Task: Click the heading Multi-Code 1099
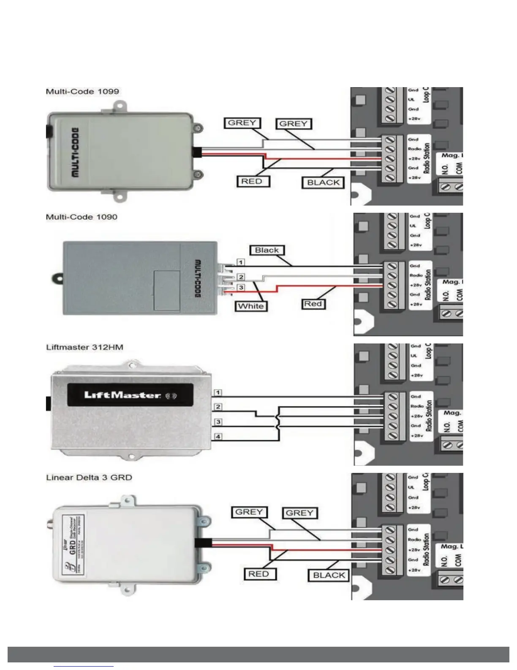click(82, 91)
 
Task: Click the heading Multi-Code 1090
click(82, 217)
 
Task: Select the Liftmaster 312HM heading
click(84, 347)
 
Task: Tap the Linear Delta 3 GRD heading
click(89, 478)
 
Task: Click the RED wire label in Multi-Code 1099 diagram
click(252, 181)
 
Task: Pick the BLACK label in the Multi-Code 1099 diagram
click(323, 183)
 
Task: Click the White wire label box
click(251, 306)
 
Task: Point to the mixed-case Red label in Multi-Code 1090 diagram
click(313, 304)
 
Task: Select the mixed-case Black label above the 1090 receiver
click(267, 250)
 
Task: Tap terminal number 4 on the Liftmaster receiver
click(218, 437)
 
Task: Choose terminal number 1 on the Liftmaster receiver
click(218, 393)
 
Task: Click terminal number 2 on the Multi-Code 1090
click(241, 277)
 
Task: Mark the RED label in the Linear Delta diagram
click(258, 574)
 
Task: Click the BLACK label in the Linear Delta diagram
click(329, 575)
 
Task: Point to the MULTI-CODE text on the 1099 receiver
click(74, 152)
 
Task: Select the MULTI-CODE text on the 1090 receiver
click(197, 278)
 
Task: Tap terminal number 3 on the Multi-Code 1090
click(241, 288)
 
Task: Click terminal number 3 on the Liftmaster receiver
click(218, 422)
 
